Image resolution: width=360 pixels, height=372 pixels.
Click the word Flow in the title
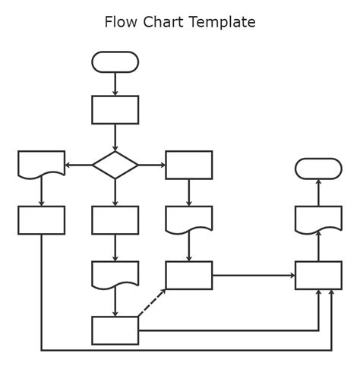(119, 22)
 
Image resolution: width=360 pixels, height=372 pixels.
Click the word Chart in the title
(159, 22)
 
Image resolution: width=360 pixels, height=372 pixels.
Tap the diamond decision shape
(115, 165)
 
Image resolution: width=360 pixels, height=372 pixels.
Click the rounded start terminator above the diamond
(115, 61)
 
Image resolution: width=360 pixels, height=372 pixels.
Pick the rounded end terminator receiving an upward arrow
(318, 169)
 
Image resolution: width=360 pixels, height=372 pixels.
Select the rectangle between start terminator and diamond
(115, 109)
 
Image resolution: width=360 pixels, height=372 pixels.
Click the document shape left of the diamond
(41, 163)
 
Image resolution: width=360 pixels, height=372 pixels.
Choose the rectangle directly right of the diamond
(188, 165)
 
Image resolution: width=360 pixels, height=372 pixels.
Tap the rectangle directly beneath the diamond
(115, 220)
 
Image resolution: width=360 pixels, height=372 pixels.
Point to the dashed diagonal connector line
(152, 303)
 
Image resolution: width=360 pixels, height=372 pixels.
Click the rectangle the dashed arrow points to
(188, 275)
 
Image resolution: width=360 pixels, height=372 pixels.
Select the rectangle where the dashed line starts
(115, 330)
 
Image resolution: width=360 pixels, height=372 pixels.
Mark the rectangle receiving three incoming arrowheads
(318, 275)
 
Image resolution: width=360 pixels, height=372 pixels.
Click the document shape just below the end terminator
(318, 219)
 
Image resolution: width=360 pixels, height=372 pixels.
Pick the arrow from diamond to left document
(78, 165)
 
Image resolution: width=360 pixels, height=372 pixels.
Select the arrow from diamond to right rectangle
(152, 165)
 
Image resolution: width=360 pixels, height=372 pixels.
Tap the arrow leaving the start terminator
(115, 84)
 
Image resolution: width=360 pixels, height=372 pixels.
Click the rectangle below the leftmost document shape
(41, 220)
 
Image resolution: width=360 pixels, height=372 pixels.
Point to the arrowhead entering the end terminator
(318, 182)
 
